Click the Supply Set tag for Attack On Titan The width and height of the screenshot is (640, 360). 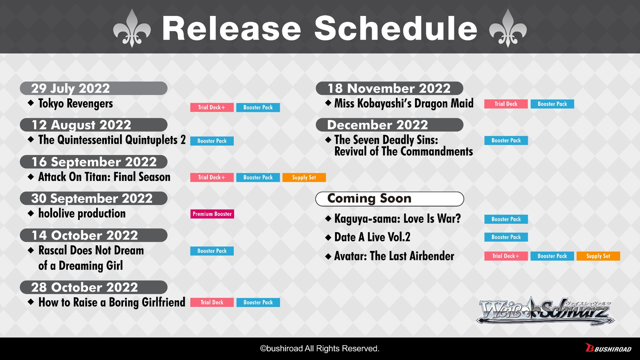click(304, 177)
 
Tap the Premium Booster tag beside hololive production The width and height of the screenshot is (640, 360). click(212, 214)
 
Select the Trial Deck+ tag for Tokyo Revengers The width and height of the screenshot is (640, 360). click(212, 107)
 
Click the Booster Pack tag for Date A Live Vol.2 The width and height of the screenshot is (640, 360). click(506, 237)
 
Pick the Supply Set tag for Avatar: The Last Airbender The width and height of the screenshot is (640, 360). click(598, 256)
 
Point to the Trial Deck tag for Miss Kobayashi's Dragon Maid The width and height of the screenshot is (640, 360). click(506, 104)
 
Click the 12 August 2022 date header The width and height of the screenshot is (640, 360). click(94, 125)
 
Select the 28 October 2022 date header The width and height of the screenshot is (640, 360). click(94, 287)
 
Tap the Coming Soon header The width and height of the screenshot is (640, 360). click(390, 199)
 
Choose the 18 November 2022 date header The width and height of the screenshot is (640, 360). click(390, 88)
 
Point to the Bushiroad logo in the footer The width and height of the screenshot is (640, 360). click(609, 348)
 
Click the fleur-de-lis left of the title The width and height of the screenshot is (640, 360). click(132, 29)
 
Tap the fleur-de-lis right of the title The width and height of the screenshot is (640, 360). click(508, 29)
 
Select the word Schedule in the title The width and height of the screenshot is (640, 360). click(396, 29)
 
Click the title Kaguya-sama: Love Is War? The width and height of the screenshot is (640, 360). click(398, 219)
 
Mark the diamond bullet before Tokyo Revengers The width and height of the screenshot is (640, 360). click(31, 103)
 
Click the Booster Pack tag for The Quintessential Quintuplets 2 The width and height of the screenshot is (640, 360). click(212, 141)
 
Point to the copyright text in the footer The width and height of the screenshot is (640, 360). click(320, 349)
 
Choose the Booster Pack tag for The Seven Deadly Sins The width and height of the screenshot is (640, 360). click(506, 140)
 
